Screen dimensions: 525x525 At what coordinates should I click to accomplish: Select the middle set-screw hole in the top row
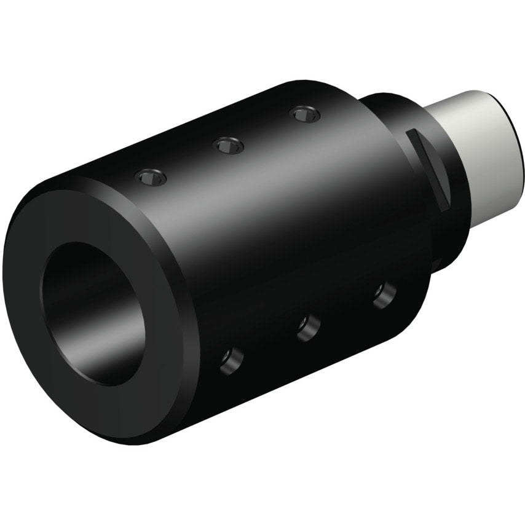pyautogui.click(x=227, y=145)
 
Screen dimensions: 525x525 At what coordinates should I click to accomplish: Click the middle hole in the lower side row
pyautogui.click(x=309, y=326)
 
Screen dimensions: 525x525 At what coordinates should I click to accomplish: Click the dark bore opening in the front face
pyautogui.click(x=92, y=314)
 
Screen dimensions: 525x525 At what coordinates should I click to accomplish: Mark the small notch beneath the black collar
pyautogui.click(x=438, y=261)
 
